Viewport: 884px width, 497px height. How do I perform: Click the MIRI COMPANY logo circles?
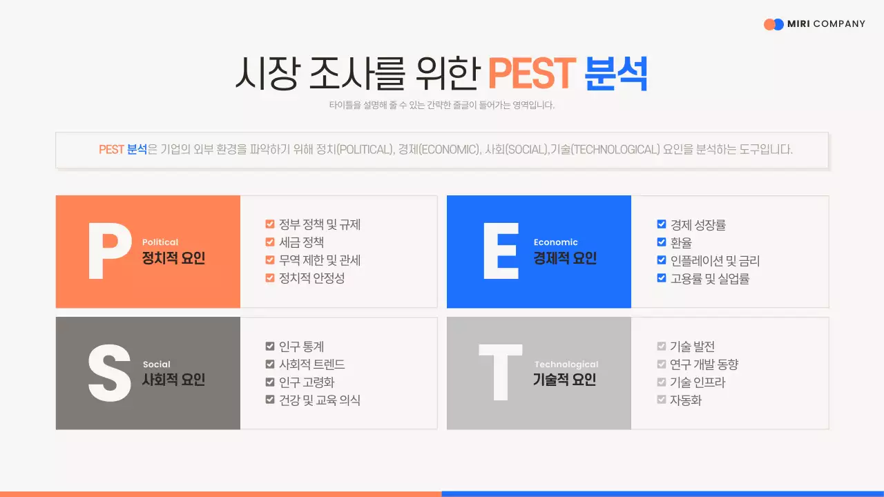coord(773,24)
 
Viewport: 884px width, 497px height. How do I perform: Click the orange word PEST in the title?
coord(531,73)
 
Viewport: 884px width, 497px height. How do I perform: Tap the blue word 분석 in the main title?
coord(616,73)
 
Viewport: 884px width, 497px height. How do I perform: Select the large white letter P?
coord(110,252)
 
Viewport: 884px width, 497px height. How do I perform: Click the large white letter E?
coord(501,252)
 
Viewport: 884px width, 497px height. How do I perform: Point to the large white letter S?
coord(109,373)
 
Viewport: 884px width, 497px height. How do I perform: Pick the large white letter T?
coord(501,373)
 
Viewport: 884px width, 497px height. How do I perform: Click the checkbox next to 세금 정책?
coord(270,242)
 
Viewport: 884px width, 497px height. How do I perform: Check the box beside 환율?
coord(662,242)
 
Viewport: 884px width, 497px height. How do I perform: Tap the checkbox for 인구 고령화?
coord(270,382)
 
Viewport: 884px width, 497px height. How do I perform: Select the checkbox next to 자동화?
coord(662,400)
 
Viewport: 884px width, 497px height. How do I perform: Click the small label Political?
coord(160,242)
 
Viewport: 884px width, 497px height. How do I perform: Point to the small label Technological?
coord(566,364)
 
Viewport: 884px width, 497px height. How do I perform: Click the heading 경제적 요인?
coord(565,259)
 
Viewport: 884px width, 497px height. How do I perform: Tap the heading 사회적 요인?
coord(173,380)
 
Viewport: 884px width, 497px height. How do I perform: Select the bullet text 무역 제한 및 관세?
coord(320,260)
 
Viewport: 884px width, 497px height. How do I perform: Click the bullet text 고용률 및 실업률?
coord(710,279)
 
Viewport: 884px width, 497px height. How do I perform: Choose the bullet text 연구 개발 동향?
coord(704,364)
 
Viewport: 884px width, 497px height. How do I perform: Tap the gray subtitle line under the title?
coord(442,106)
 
